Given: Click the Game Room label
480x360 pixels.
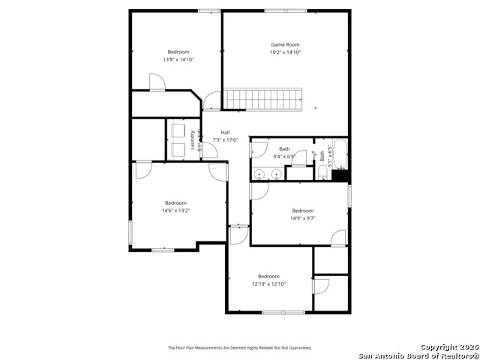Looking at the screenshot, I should coord(286,45).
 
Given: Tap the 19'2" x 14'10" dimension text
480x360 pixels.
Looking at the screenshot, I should coord(286,52).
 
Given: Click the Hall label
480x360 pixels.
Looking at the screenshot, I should coord(225,133).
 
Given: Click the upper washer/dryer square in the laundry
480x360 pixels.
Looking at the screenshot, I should coord(178,130).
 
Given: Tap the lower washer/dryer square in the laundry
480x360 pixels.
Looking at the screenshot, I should coord(178,148).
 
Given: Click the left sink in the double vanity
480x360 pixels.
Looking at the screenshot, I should coord(259,175).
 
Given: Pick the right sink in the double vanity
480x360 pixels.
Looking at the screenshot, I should coord(276,175).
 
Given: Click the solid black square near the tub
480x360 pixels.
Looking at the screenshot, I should coord(340,176).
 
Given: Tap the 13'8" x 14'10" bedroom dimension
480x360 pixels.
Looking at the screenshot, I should coord(178,59).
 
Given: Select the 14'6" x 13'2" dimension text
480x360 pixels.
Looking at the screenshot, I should coord(176,211).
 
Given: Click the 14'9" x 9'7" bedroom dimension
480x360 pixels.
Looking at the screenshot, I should coord(302,218).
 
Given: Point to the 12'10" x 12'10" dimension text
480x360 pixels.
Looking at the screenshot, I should coord(268,283).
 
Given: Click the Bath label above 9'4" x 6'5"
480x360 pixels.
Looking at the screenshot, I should coord(284,149).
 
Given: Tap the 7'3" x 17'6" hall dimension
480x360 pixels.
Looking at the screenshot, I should coord(225,140).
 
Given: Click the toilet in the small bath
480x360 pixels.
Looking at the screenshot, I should coord(322,173).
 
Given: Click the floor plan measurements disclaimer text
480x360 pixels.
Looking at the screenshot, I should coord(239,348).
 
